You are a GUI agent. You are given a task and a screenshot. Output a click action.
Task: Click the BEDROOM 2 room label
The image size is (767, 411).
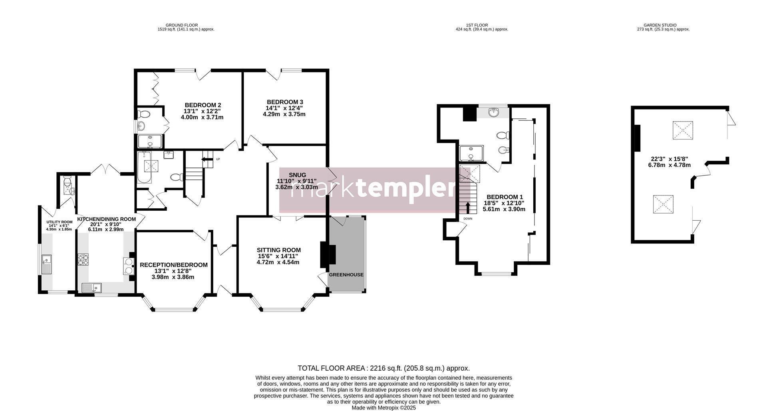coord(203,105)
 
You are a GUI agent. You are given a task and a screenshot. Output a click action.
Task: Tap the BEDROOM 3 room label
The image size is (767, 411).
coord(285,102)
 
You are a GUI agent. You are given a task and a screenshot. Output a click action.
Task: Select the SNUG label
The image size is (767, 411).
coord(297,175)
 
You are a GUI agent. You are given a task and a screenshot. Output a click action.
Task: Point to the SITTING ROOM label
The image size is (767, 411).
coord(278,250)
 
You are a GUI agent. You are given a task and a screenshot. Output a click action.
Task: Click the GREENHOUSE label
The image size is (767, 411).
coord(346,275)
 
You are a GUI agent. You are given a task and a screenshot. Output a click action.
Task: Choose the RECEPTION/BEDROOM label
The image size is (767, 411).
coord(174,265)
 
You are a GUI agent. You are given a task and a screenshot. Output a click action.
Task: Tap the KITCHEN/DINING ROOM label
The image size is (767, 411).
coord(106,219)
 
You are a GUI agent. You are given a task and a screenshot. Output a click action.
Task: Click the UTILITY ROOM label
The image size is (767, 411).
coord(60,222)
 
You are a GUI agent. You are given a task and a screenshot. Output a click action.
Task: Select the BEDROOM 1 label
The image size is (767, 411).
coord(505,197)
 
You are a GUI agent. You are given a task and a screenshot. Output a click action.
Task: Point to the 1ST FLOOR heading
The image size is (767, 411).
coord(482,25)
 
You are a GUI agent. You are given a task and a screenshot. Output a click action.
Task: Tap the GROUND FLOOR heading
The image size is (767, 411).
coord(182,25)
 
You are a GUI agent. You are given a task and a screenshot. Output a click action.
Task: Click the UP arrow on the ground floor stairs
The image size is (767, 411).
coord(207,159)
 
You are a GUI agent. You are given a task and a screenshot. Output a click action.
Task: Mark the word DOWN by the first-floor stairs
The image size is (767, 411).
coord(468,219)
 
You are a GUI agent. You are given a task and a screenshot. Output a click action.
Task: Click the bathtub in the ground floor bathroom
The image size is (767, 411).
coord(144,167)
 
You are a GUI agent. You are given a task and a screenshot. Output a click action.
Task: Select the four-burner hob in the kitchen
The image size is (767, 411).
coord(83,260)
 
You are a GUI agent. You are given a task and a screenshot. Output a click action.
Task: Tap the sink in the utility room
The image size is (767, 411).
coord(47,264)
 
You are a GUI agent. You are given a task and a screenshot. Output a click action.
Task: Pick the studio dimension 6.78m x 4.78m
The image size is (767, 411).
coord(669,165)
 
